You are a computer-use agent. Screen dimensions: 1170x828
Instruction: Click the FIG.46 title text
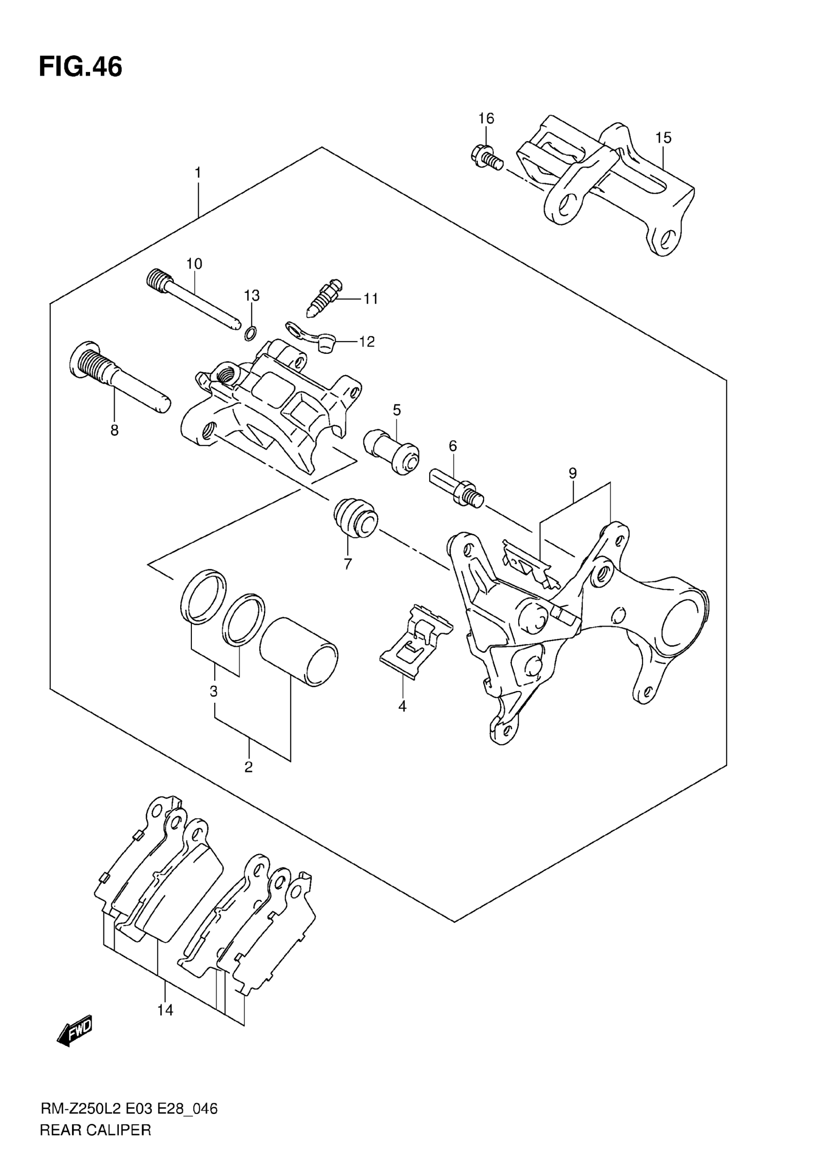click(80, 67)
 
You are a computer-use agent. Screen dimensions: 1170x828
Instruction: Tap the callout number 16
click(486, 119)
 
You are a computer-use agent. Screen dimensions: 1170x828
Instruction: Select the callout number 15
click(663, 138)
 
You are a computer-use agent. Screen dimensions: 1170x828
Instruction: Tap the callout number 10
click(194, 263)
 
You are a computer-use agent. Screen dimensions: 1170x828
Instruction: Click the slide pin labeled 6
click(456, 487)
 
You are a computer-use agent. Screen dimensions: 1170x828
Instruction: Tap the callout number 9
click(573, 474)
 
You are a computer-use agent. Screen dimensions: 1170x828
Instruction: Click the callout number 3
click(214, 692)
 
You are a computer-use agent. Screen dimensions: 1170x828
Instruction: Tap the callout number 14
click(165, 1009)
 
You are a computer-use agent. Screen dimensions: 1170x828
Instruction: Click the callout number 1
click(198, 173)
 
